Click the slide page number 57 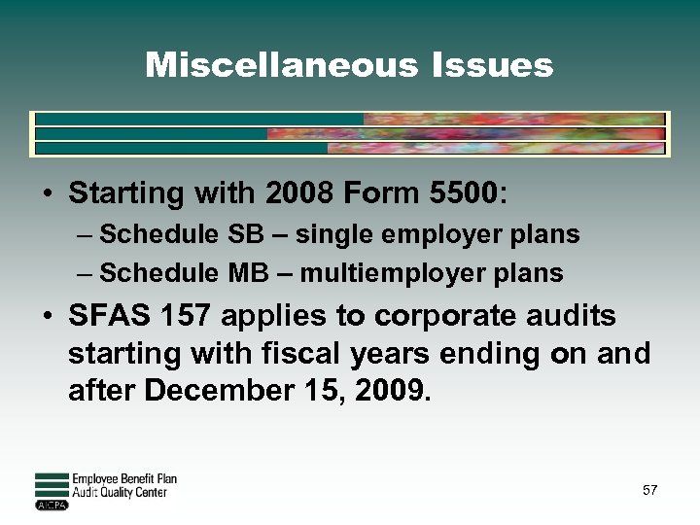pos(649,490)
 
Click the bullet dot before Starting pos(47,194)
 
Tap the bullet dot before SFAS pos(47,318)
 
